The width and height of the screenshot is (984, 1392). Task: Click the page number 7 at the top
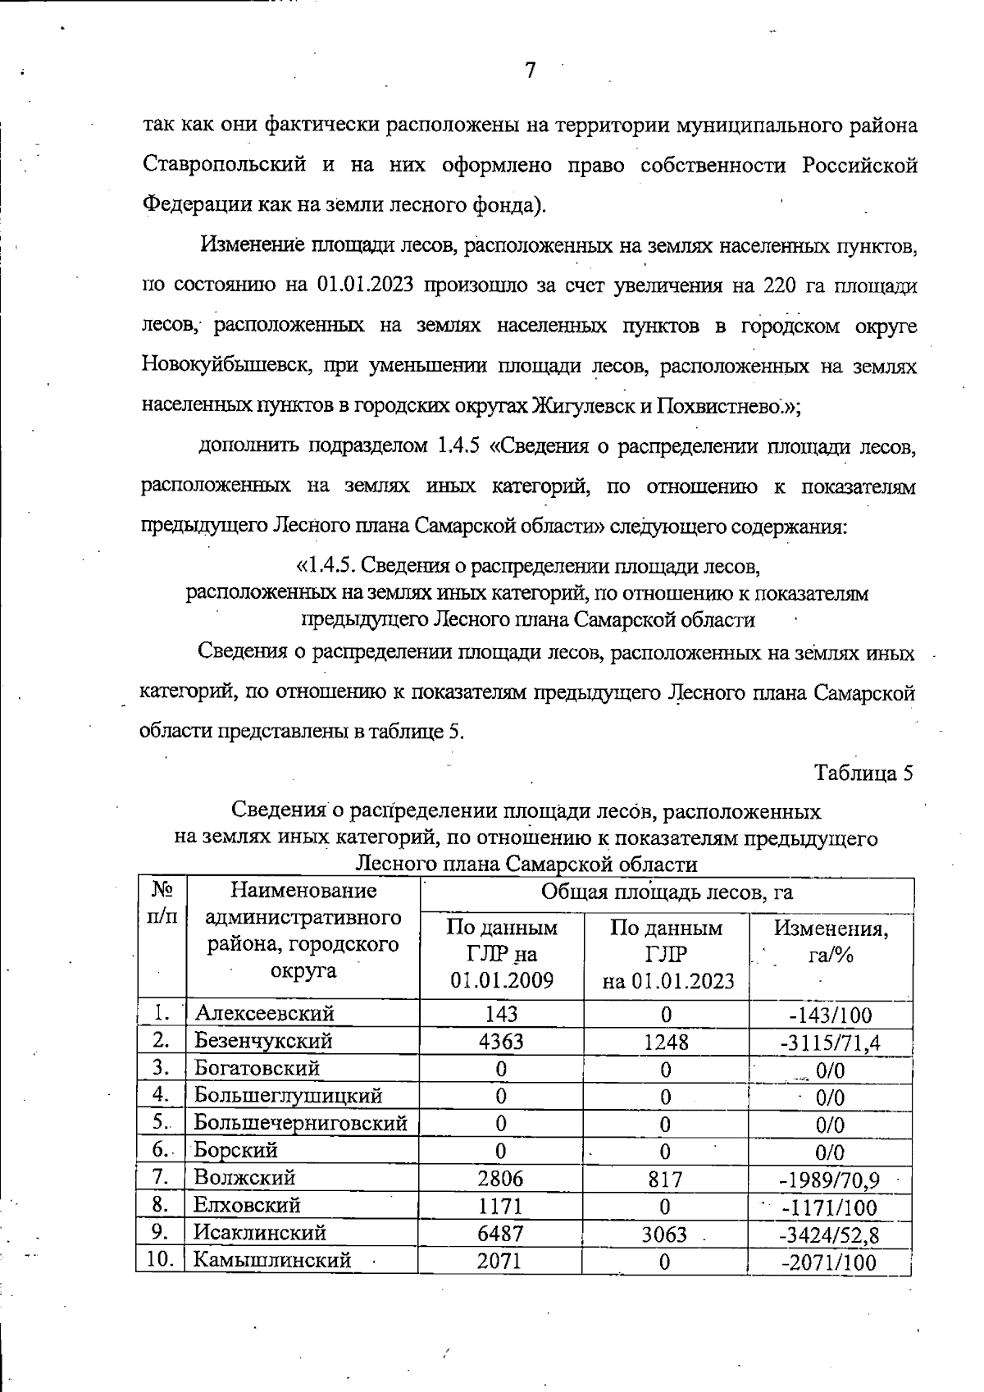tap(530, 71)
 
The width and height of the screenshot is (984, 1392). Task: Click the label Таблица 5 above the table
tap(863, 773)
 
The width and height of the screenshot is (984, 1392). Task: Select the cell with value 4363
tap(500, 1042)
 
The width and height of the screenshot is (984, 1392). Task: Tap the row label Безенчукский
tap(263, 1041)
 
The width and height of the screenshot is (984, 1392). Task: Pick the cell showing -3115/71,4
tap(830, 1043)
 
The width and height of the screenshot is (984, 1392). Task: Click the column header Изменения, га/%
tap(831, 942)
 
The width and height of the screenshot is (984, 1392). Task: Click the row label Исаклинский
tap(260, 1233)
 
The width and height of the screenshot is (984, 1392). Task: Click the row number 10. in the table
tap(160, 1259)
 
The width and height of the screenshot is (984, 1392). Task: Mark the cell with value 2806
tap(500, 1179)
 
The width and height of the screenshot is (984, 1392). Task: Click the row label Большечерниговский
tap(300, 1123)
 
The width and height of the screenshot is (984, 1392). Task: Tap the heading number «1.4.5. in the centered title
tap(325, 565)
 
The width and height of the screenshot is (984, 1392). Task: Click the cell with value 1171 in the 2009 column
tap(500, 1207)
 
